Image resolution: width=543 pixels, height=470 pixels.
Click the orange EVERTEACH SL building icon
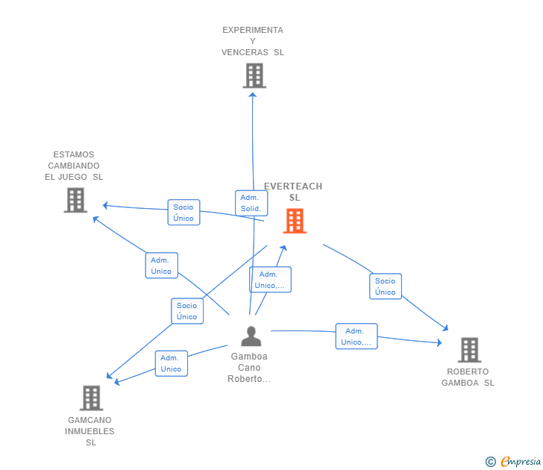tap(295, 221)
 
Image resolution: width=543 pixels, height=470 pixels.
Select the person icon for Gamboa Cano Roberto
tap(251, 336)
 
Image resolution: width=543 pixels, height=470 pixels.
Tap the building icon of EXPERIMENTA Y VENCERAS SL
tap(254, 75)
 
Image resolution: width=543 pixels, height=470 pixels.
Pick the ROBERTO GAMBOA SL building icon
tap(468, 350)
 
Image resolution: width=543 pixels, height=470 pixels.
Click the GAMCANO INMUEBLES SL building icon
tap(91, 398)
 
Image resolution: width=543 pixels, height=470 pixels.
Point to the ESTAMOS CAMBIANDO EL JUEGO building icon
tap(75, 200)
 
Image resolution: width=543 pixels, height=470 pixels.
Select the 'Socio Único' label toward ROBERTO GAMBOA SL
tap(386, 286)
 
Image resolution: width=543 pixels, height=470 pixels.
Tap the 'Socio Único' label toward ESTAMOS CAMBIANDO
tap(183, 213)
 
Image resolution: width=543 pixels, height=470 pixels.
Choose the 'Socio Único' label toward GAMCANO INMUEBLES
tap(187, 311)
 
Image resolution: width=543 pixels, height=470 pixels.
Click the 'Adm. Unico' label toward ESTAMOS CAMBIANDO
tap(161, 266)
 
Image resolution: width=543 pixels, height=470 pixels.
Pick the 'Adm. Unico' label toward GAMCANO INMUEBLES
tap(171, 363)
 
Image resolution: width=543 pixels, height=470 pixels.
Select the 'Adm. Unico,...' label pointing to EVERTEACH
tap(270, 280)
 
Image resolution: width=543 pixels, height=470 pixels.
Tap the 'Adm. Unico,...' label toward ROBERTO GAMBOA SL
tap(357, 336)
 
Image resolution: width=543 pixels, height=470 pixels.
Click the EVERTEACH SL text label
tap(293, 192)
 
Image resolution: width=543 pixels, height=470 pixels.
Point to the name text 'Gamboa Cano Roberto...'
tap(249, 368)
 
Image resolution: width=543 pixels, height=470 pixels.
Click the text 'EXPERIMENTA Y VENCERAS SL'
tap(253, 41)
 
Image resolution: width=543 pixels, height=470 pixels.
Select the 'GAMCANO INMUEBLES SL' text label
tap(90, 431)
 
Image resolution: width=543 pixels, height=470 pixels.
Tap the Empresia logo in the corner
tap(521, 462)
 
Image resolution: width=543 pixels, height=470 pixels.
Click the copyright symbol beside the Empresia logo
tap(491, 463)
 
